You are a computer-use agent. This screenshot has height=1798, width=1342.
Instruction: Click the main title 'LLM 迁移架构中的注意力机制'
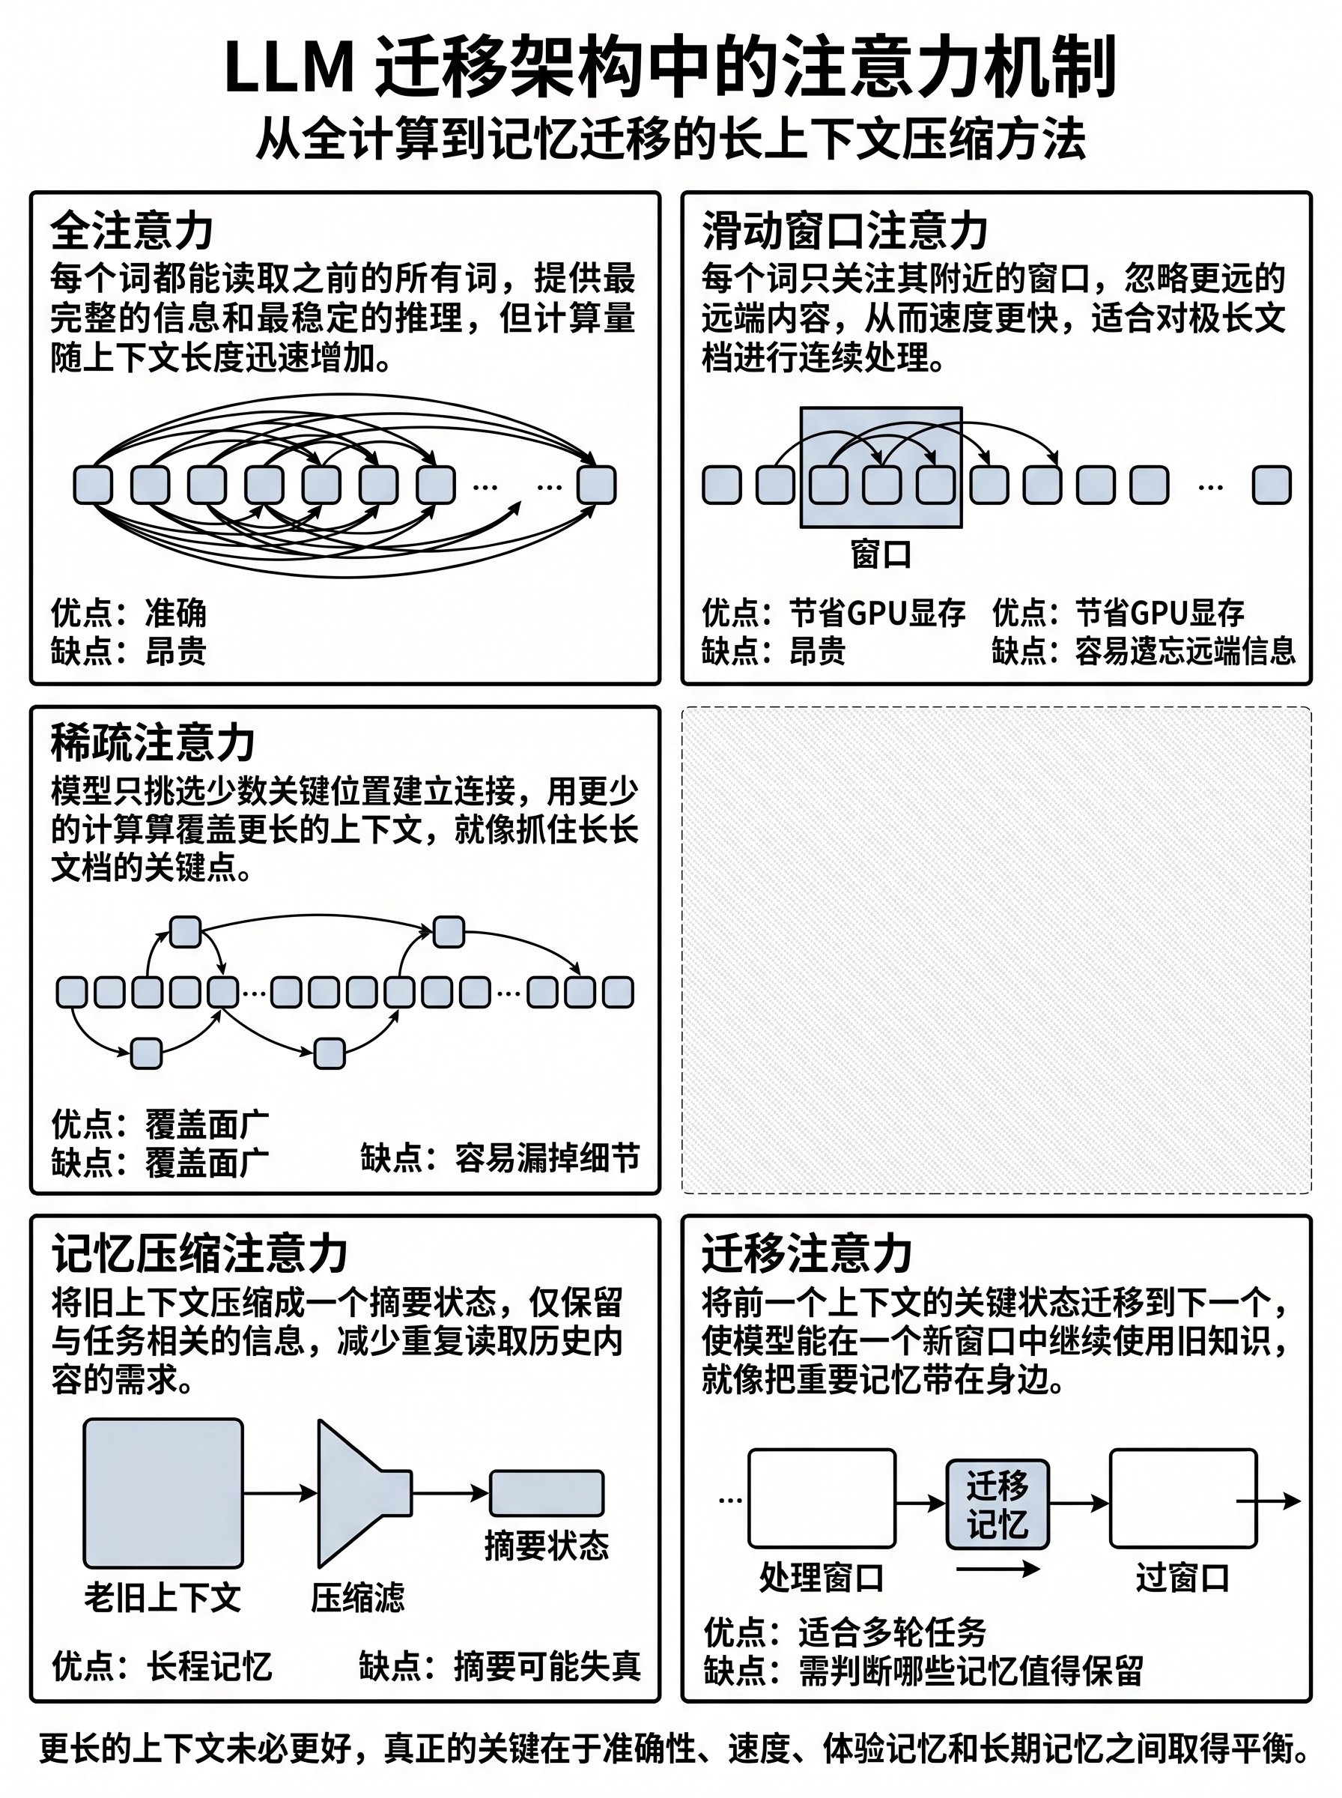pyautogui.click(x=670, y=67)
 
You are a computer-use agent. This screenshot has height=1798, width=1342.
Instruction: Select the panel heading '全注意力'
pyautogui.click(x=132, y=231)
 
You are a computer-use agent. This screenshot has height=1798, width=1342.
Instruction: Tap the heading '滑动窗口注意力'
pyautogui.click(x=845, y=231)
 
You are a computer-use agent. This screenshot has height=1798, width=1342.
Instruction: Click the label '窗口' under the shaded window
pyautogui.click(x=881, y=554)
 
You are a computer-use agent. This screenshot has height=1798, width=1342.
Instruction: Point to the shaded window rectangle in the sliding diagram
pyautogui.click(x=881, y=467)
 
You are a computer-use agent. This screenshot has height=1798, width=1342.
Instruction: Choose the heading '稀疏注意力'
pyautogui.click(x=153, y=742)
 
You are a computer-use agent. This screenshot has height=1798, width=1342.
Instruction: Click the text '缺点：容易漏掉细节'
pyautogui.click(x=500, y=1157)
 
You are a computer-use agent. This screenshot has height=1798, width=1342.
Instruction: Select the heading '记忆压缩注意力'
pyautogui.click(x=200, y=1253)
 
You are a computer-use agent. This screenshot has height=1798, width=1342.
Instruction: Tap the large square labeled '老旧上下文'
pyautogui.click(x=163, y=1493)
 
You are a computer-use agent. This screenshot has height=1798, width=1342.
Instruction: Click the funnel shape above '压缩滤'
pyautogui.click(x=365, y=1493)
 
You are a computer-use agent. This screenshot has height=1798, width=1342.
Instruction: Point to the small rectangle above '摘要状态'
pyautogui.click(x=547, y=1493)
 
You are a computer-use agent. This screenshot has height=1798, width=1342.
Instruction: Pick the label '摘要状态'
pyautogui.click(x=547, y=1546)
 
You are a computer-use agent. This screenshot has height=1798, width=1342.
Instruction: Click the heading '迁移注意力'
pyautogui.click(x=807, y=1253)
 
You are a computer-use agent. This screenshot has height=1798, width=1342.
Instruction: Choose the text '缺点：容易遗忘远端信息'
pyautogui.click(x=1144, y=651)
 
